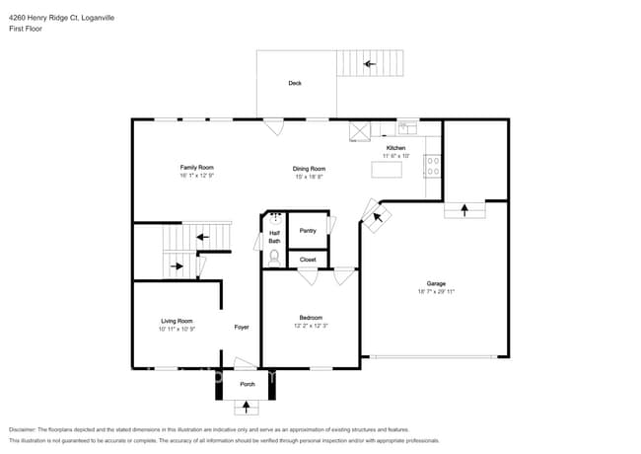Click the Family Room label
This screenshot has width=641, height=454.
click(196, 167)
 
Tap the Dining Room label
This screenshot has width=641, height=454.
click(309, 169)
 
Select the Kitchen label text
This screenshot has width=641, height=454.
click(395, 148)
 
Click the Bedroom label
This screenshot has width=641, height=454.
click(310, 317)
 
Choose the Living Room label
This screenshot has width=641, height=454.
click(177, 321)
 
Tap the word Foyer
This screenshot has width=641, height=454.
click(241, 327)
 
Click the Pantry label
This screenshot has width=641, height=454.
click(308, 230)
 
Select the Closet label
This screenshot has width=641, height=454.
click(308, 260)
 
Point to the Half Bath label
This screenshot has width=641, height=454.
click(274, 237)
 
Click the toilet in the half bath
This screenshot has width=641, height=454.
click(274, 257)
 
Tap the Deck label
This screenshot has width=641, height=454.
click(295, 84)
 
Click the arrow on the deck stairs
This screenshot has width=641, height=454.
click(370, 64)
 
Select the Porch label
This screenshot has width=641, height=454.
click(247, 384)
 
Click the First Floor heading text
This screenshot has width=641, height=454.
click(27, 30)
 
